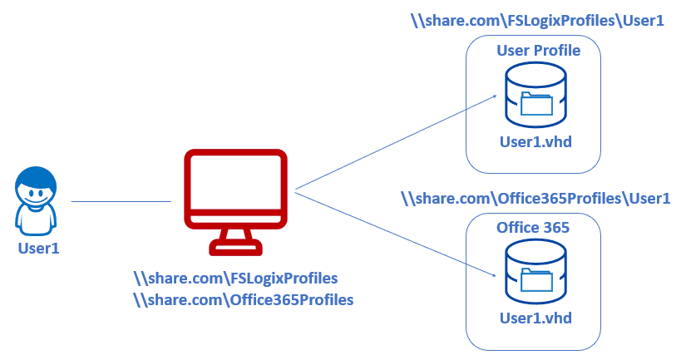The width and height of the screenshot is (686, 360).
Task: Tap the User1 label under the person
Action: [38, 248]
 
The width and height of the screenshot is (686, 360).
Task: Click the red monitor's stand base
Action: [236, 246]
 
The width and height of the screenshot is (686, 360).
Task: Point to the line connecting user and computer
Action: [121, 201]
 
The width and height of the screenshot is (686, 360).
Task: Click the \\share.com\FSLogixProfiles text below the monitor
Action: [235, 278]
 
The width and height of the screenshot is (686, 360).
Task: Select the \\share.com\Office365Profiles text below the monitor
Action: [244, 299]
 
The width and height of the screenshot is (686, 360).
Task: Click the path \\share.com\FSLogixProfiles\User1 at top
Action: [537, 21]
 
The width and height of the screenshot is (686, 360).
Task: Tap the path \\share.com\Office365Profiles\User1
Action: [535, 198]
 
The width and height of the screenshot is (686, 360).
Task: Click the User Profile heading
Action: [538, 52]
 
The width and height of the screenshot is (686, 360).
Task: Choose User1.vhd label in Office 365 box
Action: [535, 318]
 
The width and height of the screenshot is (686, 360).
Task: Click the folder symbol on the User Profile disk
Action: [535, 104]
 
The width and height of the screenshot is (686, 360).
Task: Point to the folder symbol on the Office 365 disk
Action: [535, 279]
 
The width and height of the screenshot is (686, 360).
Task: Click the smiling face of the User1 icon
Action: [37, 194]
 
